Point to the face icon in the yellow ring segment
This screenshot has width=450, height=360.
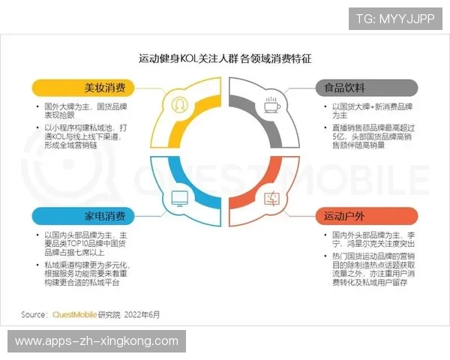(x=180, y=102)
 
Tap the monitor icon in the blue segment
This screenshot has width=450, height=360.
(x=180, y=199)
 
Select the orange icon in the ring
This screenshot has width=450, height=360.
(x=271, y=199)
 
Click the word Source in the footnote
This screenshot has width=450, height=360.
(x=34, y=314)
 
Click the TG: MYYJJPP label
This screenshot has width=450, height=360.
(x=394, y=18)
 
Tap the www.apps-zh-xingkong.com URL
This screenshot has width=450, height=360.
(x=97, y=341)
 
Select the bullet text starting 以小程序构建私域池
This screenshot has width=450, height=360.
(x=88, y=137)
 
